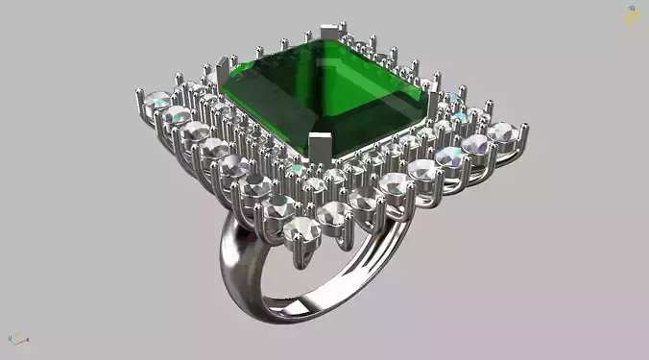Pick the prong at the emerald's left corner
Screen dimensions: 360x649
(x=224, y=72)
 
